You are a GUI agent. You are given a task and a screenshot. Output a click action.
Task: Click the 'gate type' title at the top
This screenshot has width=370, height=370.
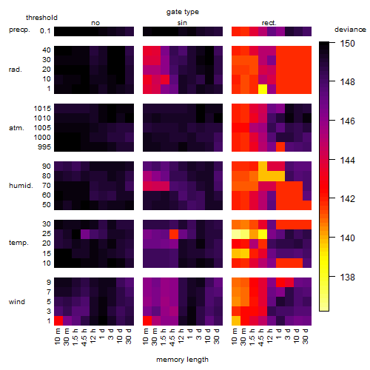click(183, 12)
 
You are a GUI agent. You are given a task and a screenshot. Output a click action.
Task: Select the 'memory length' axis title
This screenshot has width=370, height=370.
click(183, 360)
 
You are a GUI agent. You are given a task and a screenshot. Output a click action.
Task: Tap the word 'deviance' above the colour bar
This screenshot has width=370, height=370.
click(350, 30)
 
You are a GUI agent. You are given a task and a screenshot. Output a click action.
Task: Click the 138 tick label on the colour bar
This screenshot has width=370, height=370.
click(347, 277)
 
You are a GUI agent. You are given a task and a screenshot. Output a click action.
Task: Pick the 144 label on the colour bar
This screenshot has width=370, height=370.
click(347, 161)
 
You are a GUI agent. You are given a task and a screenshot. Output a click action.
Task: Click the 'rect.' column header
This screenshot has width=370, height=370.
click(269, 23)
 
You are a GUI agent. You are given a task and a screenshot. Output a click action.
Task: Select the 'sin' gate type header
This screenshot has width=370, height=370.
click(182, 23)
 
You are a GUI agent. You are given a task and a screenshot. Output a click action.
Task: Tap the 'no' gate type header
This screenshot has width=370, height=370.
click(95, 23)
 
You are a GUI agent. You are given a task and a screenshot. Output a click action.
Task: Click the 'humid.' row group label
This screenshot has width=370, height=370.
click(21, 186)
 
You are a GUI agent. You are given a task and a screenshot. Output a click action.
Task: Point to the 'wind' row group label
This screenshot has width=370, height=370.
click(17, 302)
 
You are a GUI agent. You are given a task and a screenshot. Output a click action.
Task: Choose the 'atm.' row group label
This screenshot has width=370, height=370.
click(16, 128)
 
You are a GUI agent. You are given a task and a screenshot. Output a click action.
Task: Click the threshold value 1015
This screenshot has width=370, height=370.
click(42, 109)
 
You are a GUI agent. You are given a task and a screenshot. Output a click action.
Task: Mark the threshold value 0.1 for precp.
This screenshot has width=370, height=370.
click(45, 31)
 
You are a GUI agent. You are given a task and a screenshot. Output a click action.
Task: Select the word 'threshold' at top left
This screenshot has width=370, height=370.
click(41, 18)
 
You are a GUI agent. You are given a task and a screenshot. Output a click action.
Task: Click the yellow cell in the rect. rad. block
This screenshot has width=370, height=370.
click(263, 89)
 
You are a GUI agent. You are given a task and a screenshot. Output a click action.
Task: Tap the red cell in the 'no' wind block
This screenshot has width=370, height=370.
click(58, 320)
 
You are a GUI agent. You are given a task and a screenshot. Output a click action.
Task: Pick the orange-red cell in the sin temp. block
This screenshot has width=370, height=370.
click(174, 234)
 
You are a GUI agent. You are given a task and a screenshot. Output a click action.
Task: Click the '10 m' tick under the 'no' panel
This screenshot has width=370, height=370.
click(58, 337)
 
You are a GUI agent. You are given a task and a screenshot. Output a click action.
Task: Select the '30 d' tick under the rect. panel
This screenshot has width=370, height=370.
click(306, 337)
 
